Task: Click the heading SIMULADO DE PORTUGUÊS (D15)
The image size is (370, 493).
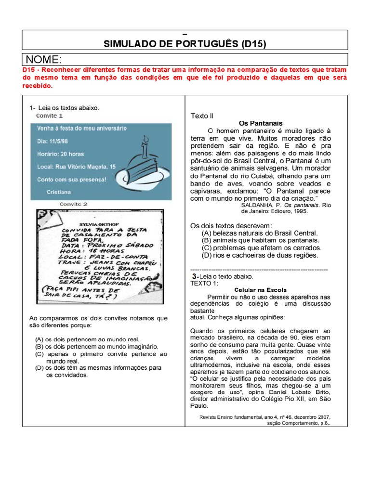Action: coord(185,44)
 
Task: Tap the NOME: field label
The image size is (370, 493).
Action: coord(44,60)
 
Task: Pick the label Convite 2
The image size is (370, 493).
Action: coord(74,204)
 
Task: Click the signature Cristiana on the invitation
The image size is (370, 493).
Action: coord(59,191)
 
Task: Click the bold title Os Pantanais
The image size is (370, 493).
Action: coord(261,123)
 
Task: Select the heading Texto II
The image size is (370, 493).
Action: coord(202,116)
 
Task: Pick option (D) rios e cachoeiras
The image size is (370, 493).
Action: coord(260,255)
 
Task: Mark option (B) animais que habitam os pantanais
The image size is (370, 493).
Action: coord(261,240)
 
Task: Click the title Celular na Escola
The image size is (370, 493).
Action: coord(260,290)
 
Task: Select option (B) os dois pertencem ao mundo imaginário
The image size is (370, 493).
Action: coord(97,346)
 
